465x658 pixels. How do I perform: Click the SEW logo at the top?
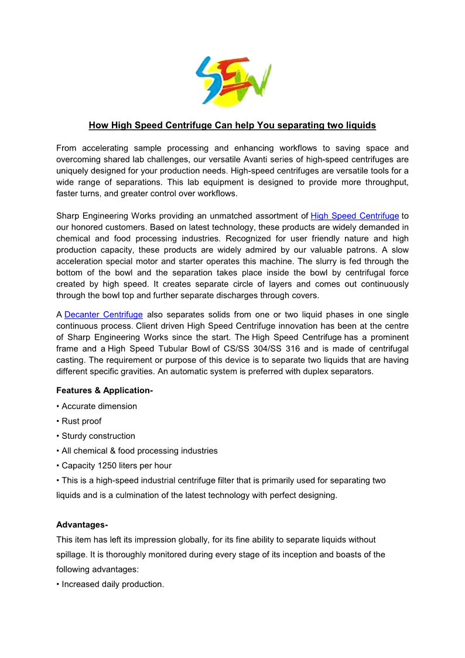pos(232,80)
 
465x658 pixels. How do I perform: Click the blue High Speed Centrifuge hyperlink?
pos(354,216)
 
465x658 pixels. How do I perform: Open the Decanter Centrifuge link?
pos(104,315)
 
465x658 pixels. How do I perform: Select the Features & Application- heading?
pos(105,390)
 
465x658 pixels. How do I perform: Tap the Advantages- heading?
pos(82,524)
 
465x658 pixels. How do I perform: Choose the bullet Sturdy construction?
pos(96,436)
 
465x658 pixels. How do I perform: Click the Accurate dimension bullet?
pos(97,406)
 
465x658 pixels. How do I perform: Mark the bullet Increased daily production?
pos(111,584)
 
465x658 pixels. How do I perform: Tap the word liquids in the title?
pos(360,125)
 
